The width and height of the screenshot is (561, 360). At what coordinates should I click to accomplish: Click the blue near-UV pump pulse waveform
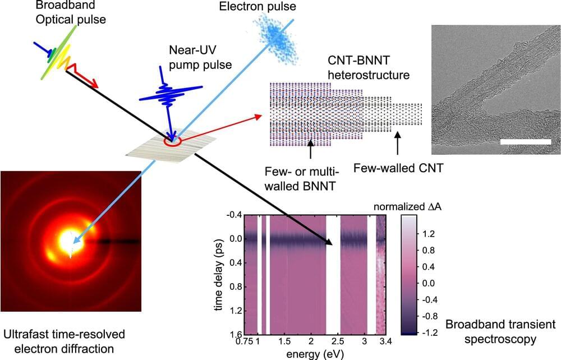pyautogui.click(x=168, y=93)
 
